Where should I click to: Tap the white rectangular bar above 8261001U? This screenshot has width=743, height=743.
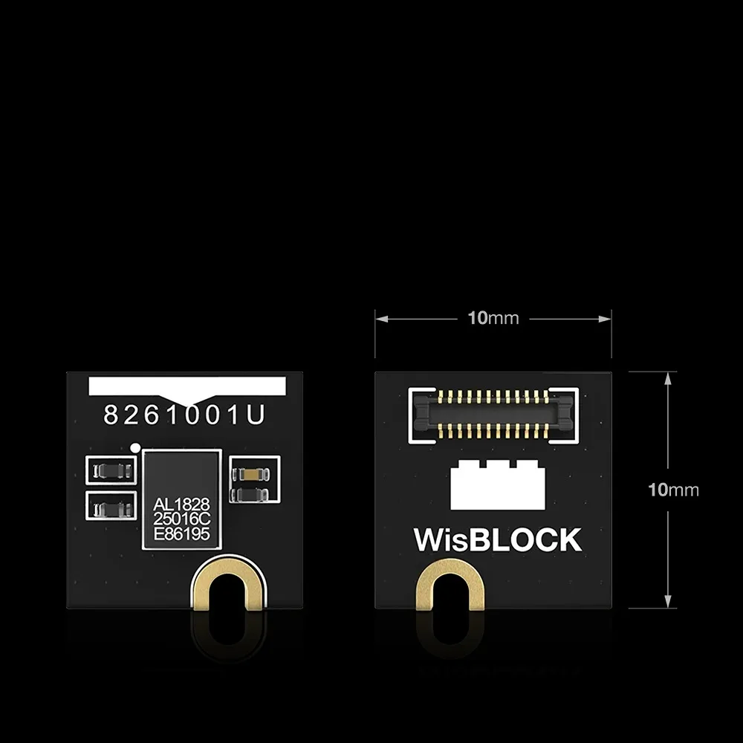pyautogui.click(x=186, y=386)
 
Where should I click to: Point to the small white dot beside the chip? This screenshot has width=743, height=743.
pyautogui.click(x=135, y=447)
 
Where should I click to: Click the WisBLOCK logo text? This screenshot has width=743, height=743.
pyautogui.click(x=497, y=540)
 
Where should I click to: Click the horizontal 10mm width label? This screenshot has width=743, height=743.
pyautogui.click(x=493, y=319)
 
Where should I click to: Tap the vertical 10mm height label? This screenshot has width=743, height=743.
pyautogui.click(x=673, y=490)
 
